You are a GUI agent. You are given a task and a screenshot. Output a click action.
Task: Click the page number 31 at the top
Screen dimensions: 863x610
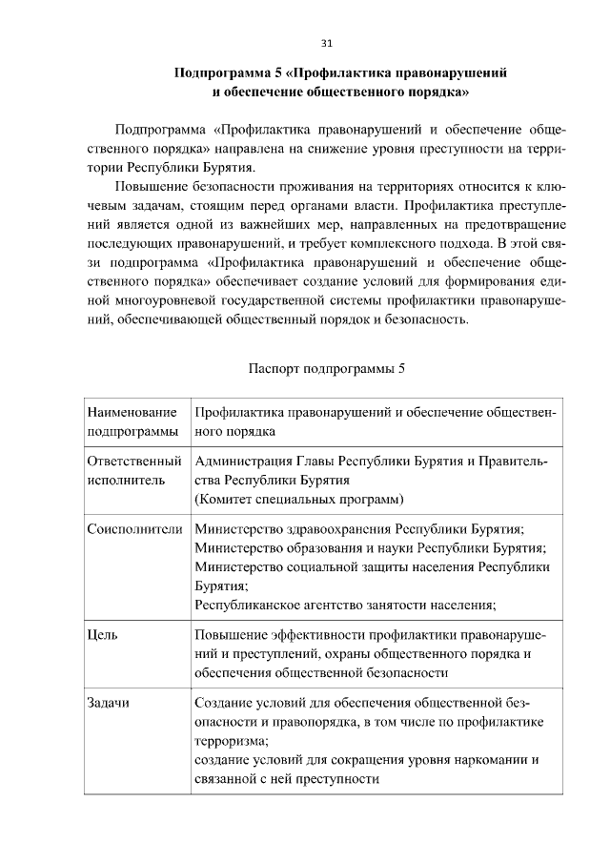pos(326,44)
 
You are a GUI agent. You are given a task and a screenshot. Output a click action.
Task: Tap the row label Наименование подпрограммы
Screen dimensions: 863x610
pos(132,421)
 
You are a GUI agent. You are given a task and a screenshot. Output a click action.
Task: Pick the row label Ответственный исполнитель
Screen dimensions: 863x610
pos(133,471)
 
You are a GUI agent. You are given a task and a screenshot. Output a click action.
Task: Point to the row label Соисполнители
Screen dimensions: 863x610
pos(133,529)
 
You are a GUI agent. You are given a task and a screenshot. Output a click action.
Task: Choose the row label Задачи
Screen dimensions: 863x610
pos(108,703)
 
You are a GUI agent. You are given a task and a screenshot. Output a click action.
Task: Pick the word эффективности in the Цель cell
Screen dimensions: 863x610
pos(310,634)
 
